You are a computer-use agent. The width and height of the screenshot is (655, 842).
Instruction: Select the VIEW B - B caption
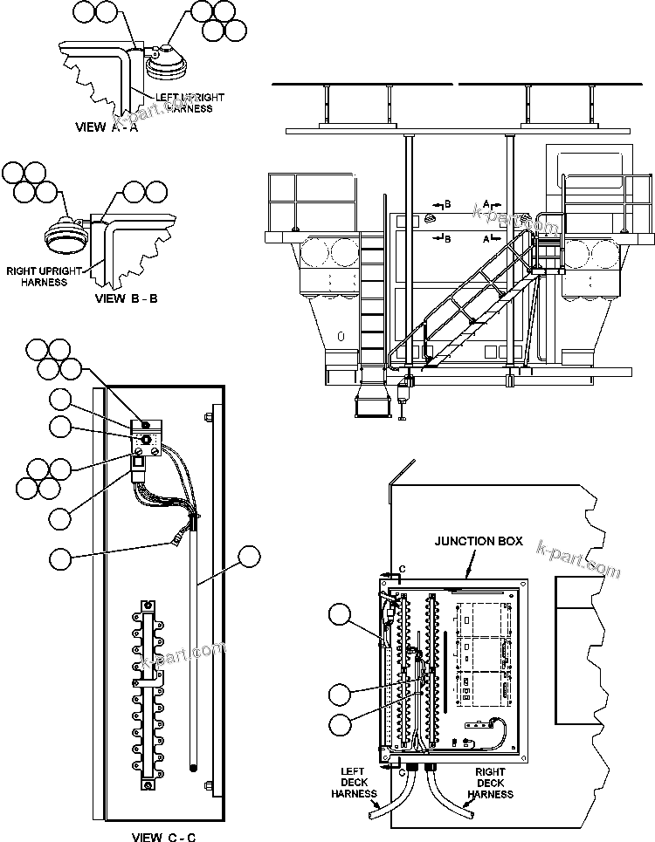click(x=125, y=298)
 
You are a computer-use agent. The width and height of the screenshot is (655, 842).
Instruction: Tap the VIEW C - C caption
click(x=162, y=838)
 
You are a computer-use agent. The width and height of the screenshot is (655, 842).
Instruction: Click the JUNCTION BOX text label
click(x=479, y=541)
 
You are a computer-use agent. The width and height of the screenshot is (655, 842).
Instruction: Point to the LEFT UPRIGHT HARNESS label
click(x=189, y=103)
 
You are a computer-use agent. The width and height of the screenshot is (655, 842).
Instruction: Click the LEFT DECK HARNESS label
click(x=355, y=783)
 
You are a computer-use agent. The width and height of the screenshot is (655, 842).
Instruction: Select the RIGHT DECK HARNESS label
click(x=490, y=783)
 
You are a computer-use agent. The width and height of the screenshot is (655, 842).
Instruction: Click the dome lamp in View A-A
click(x=162, y=62)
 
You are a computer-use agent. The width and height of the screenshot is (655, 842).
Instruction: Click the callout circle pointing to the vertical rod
click(x=250, y=558)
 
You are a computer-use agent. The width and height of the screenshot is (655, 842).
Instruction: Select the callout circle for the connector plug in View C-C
click(x=60, y=558)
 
